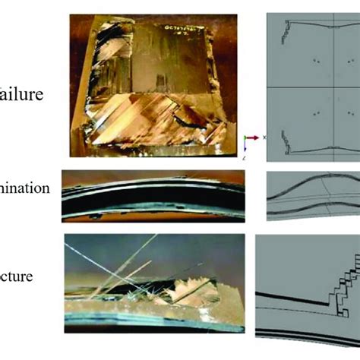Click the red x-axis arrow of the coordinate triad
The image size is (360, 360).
click(251, 139)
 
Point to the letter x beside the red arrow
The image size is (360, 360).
click(263, 138)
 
